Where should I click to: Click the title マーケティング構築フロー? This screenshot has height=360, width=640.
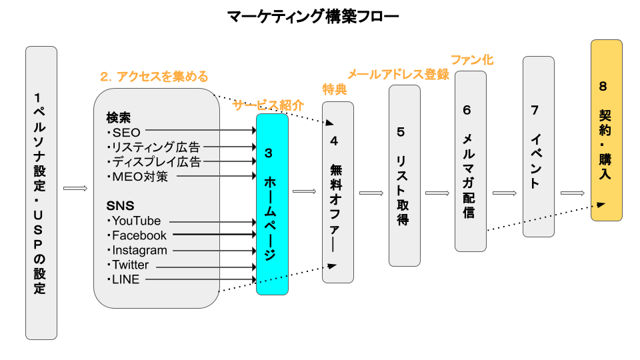click(x=319, y=16)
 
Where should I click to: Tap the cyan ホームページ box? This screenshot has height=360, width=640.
click(x=272, y=204)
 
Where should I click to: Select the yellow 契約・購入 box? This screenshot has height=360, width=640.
click(x=606, y=130)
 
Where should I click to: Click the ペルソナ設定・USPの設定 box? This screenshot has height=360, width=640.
click(x=41, y=193)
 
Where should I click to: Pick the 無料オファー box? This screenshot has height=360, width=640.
click(x=337, y=192)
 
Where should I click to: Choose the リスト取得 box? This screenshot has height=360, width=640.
click(x=405, y=175)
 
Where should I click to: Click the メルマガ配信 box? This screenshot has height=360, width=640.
click(x=471, y=161)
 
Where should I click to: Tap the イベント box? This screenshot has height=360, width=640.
click(x=539, y=146)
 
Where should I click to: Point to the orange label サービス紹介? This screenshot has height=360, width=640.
click(x=268, y=105)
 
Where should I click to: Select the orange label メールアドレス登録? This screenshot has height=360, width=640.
click(x=398, y=74)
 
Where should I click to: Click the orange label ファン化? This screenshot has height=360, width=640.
click(x=472, y=60)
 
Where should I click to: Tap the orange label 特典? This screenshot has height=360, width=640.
click(x=335, y=89)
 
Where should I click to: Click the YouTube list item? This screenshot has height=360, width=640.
click(x=136, y=221)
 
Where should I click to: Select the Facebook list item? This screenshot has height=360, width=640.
click(x=139, y=235)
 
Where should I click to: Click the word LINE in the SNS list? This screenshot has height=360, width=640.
click(x=126, y=279)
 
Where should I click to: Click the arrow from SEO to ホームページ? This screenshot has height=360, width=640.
click(x=200, y=131)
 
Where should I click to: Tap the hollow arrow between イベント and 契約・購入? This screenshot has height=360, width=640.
click(x=573, y=193)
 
